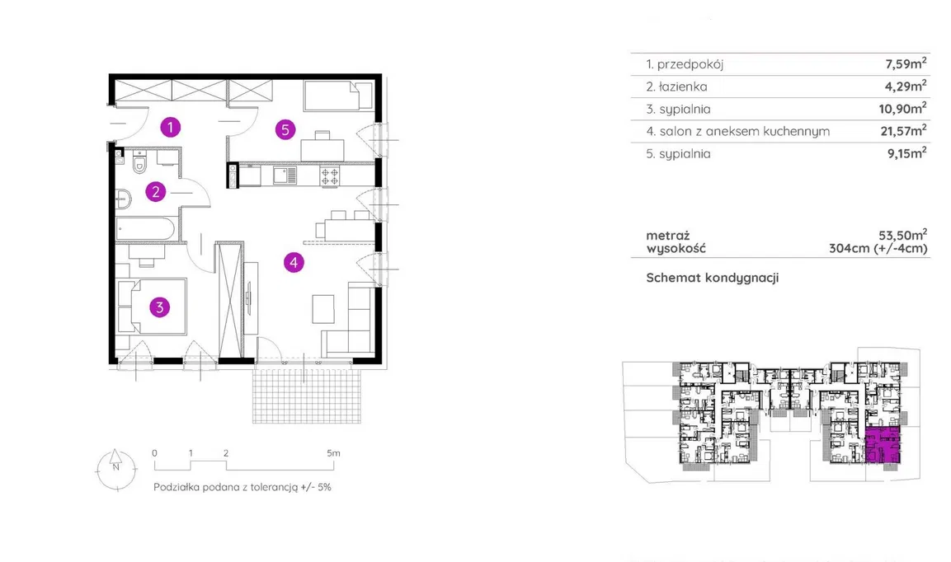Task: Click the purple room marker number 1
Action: [x=170, y=127]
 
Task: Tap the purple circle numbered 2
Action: [x=156, y=192]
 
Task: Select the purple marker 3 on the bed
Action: [x=159, y=307]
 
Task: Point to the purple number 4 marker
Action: [x=294, y=263]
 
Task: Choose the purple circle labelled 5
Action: [x=285, y=129]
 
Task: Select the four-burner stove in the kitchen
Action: [x=330, y=175]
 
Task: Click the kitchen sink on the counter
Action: [x=285, y=175]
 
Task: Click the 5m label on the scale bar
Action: [x=332, y=453]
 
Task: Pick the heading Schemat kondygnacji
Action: [x=713, y=278]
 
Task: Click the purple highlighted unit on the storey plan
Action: [x=883, y=447]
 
